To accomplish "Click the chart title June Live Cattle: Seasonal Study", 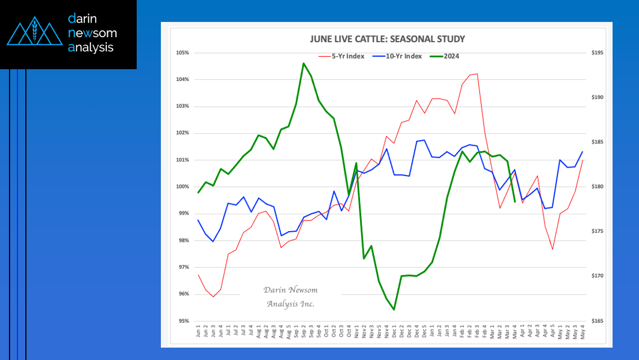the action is [x=387, y=39].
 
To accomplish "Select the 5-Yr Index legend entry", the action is [x=341, y=56].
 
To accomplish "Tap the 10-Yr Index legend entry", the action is [x=397, y=56].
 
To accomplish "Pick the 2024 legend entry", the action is [x=444, y=56].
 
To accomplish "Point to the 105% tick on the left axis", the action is [x=183, y=52].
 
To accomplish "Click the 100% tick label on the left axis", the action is [x=183, y=187].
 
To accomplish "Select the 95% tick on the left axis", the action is [x=184, y=321].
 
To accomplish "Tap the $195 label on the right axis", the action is [x=597, y=52].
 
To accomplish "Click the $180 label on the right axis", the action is [x=597, y=187].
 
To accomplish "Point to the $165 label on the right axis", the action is [x=597, y=321].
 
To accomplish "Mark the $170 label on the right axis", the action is [x=597, y=276].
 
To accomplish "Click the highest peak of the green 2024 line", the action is [x=304, y=63].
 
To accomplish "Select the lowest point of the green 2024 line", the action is [x=394, y=309].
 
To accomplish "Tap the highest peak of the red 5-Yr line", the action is [x=477, y=74].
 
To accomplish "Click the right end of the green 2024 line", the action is [x=515, y=202].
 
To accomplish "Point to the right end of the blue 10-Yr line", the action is [x=582, y=152].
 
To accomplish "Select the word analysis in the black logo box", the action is [x=91, y=48].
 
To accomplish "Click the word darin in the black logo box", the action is [x=82, y=19].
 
